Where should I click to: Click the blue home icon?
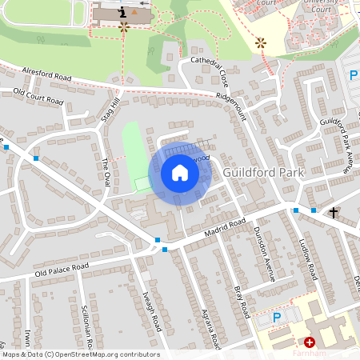point(180,173)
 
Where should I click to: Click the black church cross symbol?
point(334,212)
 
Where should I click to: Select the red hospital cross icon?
point(310,342)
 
